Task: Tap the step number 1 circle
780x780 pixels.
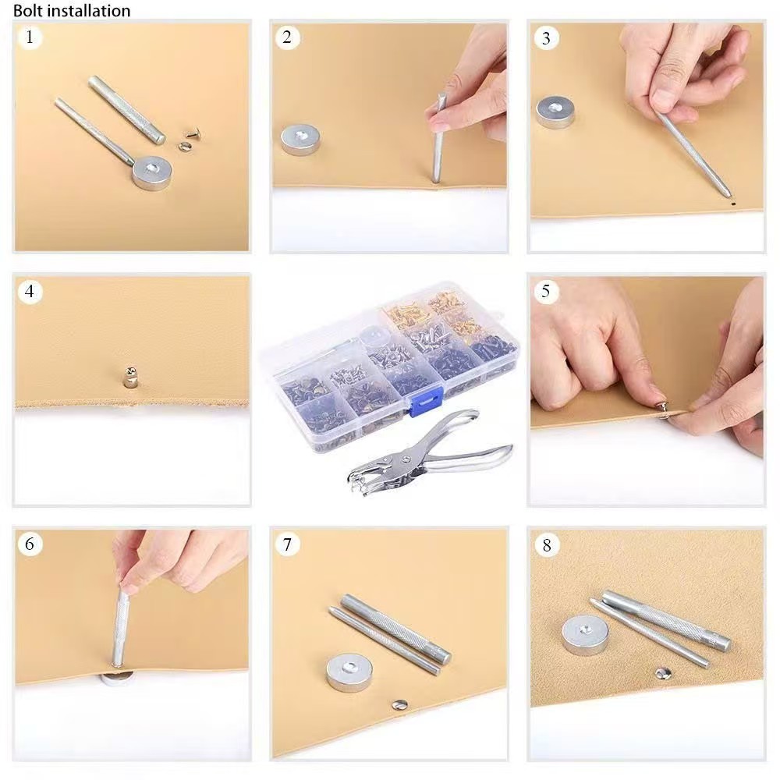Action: (x=30, y=37)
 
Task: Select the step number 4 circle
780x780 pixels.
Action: (x=30, y=291)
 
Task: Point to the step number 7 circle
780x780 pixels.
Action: (x=287, y=544)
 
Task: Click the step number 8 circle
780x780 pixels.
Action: (x=546, y=545)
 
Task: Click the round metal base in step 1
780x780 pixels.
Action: (x=152, y=173)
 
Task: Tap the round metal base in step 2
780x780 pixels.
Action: (x=300, y=140)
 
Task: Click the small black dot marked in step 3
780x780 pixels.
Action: (x=733, y=203)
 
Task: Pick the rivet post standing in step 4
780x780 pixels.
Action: (x=130, y=377)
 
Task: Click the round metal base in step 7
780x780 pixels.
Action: (x=347, y=672)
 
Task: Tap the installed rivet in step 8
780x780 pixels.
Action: (x=662, y=674)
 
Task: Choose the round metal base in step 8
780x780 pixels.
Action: (x=585, y=635)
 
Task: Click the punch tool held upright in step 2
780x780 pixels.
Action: (x=438, y=140)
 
